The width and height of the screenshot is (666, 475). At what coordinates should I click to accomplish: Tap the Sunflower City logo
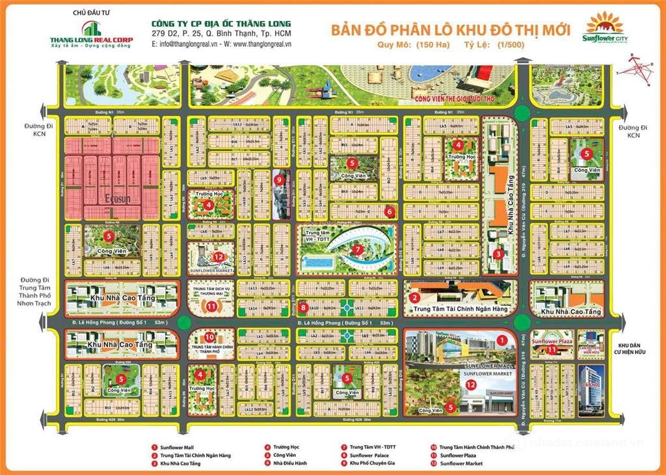coord(604,29)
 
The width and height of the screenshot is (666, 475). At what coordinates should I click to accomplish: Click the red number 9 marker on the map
coord(278,180)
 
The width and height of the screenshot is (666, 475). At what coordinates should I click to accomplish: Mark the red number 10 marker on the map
coord(209,337)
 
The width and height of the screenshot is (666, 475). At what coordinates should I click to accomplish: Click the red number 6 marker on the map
coord(388,211)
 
